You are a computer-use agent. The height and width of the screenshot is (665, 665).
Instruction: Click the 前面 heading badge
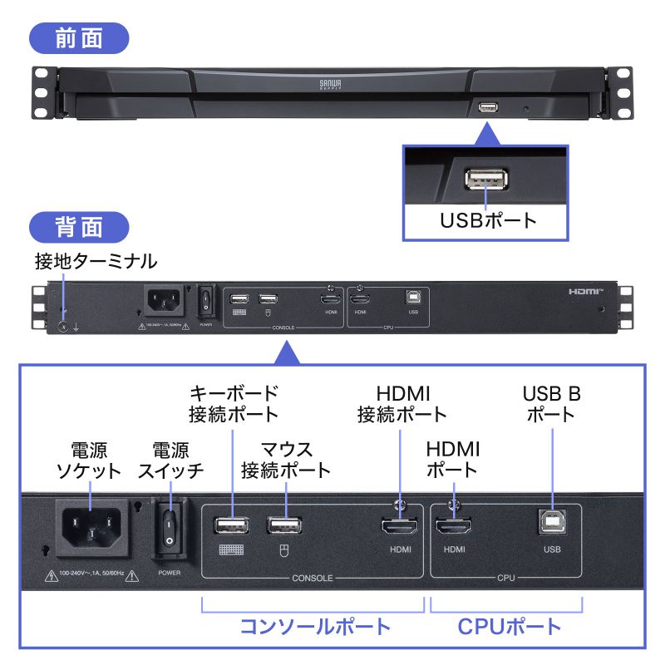[x=79, y=39]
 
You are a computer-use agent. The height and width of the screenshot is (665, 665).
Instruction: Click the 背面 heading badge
[x=79, y=228]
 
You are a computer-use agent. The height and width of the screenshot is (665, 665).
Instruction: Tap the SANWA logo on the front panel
[x=326, y=84]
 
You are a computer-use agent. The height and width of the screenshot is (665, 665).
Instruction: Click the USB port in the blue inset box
[x=485, y=180]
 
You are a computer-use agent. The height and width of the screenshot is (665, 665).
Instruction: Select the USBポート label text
[x=488, y=221]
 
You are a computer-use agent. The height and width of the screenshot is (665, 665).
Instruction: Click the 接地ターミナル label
[x=96, y=262]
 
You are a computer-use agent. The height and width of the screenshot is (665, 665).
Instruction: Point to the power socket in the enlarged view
[x=93, y=529]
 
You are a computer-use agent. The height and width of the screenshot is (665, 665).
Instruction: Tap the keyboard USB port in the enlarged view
[x=233, y=525]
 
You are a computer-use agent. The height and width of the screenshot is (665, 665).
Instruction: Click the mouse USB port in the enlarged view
[x=284, y=525]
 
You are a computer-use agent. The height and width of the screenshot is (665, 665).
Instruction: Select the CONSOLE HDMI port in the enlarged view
[x=399, y=526]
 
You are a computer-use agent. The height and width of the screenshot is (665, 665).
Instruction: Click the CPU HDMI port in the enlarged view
[x=453, y=526]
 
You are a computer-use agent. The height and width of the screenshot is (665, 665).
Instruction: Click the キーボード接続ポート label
[x=234, y=402]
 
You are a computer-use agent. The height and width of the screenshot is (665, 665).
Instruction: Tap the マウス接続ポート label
[x=286, y=460]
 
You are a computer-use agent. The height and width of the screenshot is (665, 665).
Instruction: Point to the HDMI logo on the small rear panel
[x=588, y=292]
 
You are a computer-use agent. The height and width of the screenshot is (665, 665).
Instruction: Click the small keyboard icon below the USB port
[x=231, y=549]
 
